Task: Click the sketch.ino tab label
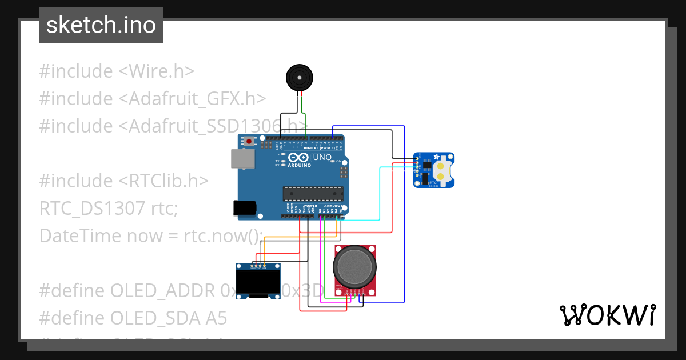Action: click(101, 25)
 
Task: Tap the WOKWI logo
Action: click(607, 315)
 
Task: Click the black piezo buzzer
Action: click(300, 78)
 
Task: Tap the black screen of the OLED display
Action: click(258, 281)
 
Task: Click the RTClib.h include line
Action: click(123, 181)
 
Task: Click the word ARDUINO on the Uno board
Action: click(300, 165)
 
